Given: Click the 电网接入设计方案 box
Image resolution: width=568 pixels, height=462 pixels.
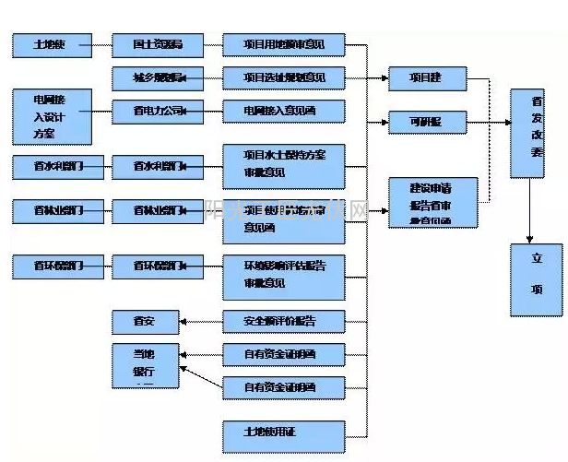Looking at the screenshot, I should [x=52, y=116].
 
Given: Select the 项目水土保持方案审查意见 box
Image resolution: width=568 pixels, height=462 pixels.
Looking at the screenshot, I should [x=285, y=162].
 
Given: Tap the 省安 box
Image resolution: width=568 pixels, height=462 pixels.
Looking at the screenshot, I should [x=144, y=322].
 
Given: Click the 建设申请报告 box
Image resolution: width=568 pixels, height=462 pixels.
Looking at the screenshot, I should [x=433, y=202].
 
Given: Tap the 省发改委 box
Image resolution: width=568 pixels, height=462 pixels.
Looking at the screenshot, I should [x=536, y=133].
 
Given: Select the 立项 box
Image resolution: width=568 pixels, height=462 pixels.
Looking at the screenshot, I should [x=536, y=279].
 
